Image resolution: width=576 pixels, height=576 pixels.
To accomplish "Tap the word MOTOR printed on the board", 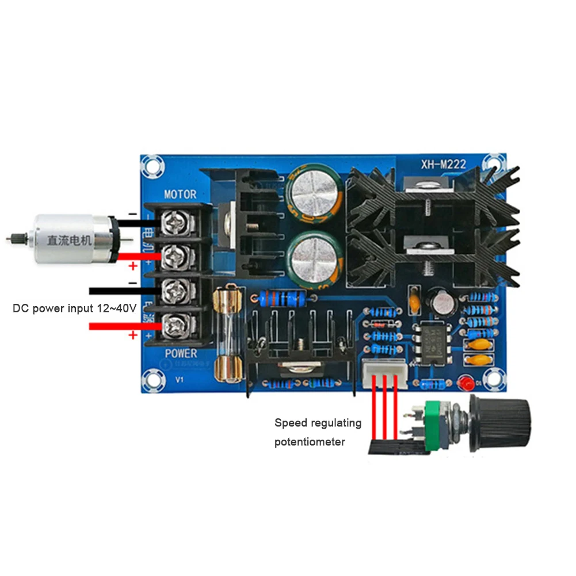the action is (x=180, y=194).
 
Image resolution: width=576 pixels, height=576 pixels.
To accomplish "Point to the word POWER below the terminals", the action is (x=180, y=353).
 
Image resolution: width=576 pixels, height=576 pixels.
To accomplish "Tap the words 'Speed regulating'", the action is (x=318, y=424).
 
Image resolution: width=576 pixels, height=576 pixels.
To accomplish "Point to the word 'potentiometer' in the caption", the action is (x=310, y=442).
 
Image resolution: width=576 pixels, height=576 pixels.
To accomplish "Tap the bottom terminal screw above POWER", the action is (x=173, y=326).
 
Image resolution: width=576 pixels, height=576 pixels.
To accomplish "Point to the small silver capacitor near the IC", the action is (x=443, y=303).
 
